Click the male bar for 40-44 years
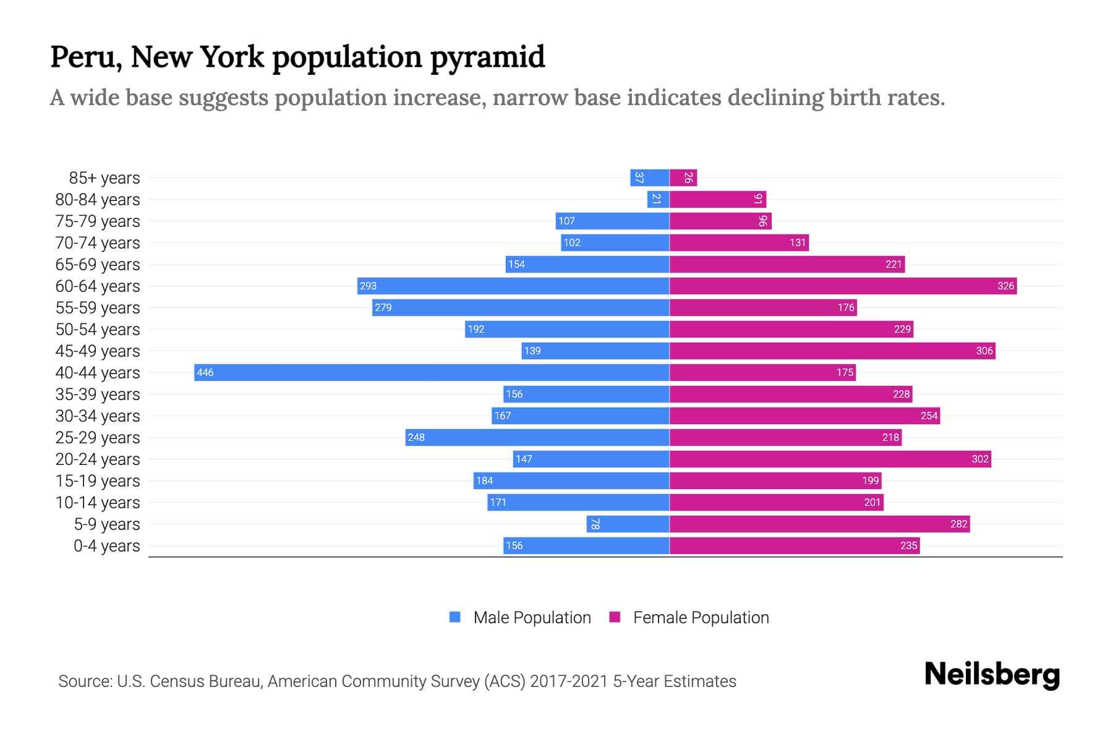pyautogui.click(x=432, y=372)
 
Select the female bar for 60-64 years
pyautogui.click(x=843, y=286)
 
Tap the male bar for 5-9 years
pyautogui.click(x=628, y=524)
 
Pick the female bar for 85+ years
pyautogui.click(x=683, y=177)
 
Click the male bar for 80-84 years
pyautogui.click(x=658, y=199)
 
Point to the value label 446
pyautogui.click(x=205, y=372)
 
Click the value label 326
pyautogui.click(x=1005, y=286)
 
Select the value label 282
pyautogui.click(x=958, y=524)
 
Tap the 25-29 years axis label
pyautogui.click(x=98, y=437)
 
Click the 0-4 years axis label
pyautogui.click(x=106, y=545)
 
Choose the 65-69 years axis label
pyautogui.click(x=98, y=264)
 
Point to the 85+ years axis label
pyautogui.click(x=104, y=177)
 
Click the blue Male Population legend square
pyautogui.click(x=455, y=617)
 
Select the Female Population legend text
pyautogui.click(x=701, y=617)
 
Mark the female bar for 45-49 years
pyautogui.click(x=832, y=351)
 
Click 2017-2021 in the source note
pyautogui.click(x=568, y=681)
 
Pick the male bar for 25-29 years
pyautogui.click(x=537, y=437)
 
